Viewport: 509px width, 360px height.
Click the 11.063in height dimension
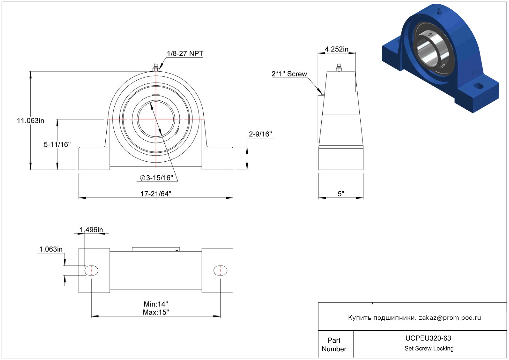[x=31, y=121]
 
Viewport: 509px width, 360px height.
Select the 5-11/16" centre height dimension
[x=57, y=144]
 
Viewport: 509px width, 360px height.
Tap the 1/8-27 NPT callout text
[x=185, y=53]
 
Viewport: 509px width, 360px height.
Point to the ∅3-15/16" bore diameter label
[x=156, y=178]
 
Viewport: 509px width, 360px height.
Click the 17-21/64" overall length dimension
[x=156, y=194]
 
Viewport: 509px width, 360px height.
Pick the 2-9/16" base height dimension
[x=260, y=134]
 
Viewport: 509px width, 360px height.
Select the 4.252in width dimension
[x=336, y=49]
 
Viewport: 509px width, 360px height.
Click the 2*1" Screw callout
[x=289, y=74]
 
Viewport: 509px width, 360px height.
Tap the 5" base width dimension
[x=341, y=194]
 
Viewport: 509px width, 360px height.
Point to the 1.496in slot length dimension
[x=91, y=230]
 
